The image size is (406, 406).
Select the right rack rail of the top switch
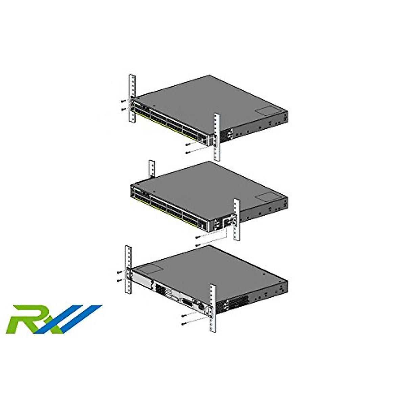pos(217,137)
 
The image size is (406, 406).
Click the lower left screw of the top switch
pos(123,109)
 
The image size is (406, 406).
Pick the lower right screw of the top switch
pos(187,153)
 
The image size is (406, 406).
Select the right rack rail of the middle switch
pos(236,220)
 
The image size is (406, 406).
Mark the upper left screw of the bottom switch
pos(119,272)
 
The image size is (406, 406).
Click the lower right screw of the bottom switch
pos(183,324)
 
